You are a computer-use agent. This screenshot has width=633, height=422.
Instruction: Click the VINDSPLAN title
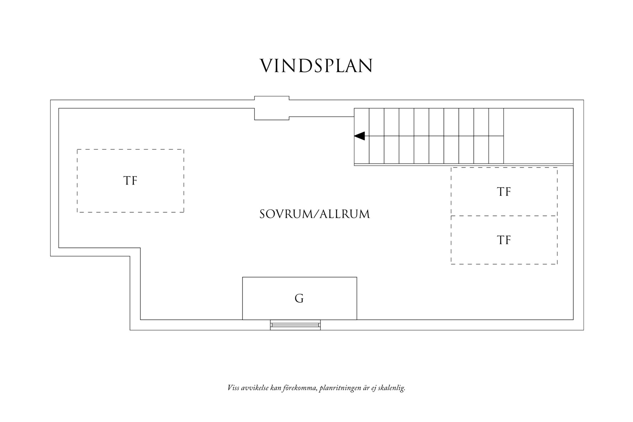coord(316,66)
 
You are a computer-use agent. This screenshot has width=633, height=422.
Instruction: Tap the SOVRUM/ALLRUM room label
coord(315,214)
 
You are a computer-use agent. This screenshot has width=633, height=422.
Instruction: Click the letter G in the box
coord(299,299)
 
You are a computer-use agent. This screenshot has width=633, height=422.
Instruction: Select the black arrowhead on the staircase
coord(360,136)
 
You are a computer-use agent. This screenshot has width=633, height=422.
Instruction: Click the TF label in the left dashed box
coord(130,181)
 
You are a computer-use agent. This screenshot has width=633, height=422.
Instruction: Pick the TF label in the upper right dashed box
coord(504,192)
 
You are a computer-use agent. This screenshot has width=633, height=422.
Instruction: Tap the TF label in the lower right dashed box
coord(504,240)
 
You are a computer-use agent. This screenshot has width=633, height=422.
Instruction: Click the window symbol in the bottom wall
coord(295,325)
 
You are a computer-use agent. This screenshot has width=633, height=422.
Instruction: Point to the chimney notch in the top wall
coord(272,108)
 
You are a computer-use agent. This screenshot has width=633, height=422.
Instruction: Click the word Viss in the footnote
coord(233,388)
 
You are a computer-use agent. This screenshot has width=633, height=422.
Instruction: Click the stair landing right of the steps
coord(538,136)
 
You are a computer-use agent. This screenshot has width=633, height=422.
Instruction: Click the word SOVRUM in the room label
coord(285,214)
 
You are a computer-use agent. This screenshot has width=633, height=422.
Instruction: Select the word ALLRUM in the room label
coord(345,214)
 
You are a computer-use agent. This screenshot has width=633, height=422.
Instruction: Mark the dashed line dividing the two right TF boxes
coord(504,216)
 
